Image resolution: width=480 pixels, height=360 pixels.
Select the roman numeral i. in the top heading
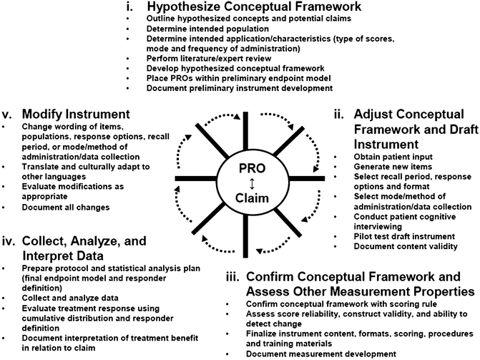131,6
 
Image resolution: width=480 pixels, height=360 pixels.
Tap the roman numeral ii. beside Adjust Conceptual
339,114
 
